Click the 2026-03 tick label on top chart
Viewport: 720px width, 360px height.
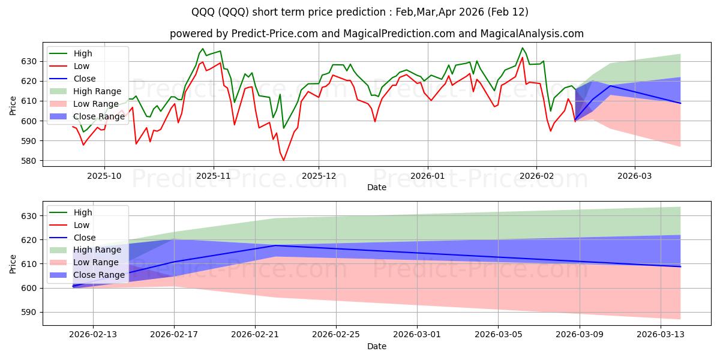click(x=635, y=176)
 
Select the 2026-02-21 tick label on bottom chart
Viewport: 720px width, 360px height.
click(x=255, y=335)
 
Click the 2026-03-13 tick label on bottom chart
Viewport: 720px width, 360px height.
click(x=661, y=335)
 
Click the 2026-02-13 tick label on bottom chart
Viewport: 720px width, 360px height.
click(x=92, y=335)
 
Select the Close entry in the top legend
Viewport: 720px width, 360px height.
click(x=83, y=79)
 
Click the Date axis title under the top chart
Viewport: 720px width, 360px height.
click(x=376, y=188)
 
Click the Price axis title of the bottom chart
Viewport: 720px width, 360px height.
click(x=13, y=263)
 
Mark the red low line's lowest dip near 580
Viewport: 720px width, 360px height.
click(x=284, y=160)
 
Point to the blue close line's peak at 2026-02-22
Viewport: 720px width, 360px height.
click(x=275, y=245)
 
